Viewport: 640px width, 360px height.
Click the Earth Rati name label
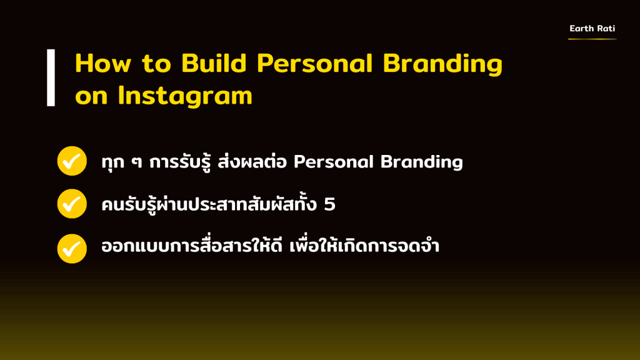click(592, 28)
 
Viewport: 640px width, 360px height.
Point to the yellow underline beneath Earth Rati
click(592, 39)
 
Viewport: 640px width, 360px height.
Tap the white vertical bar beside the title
click(51, 78)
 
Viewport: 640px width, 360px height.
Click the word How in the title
click(103, 64)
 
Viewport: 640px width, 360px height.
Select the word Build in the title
click(214, 63)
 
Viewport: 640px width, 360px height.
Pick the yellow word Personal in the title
click(315, 63)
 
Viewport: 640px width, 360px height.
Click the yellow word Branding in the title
click(442, 64)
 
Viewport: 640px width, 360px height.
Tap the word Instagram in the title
click(185, 96)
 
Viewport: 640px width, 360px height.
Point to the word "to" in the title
click(156, 64)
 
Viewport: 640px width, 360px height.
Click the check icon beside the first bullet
click(72, 161)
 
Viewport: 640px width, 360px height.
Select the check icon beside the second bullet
click(72, 203)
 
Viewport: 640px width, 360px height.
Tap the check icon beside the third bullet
click(72, 249)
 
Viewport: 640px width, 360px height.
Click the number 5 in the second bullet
click(329, 204)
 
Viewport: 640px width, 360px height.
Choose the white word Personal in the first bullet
click(334, 162)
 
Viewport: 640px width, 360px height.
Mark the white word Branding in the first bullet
click(422, 162)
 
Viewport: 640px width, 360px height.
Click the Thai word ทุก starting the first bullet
click(113, 162)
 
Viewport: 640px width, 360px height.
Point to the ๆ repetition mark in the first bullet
click(137, 162)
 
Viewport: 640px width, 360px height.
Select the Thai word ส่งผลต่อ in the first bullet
click(252, 161)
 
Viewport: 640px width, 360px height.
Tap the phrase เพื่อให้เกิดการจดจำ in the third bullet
click(364, 246)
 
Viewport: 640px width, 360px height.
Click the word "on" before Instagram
click(91, 97)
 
